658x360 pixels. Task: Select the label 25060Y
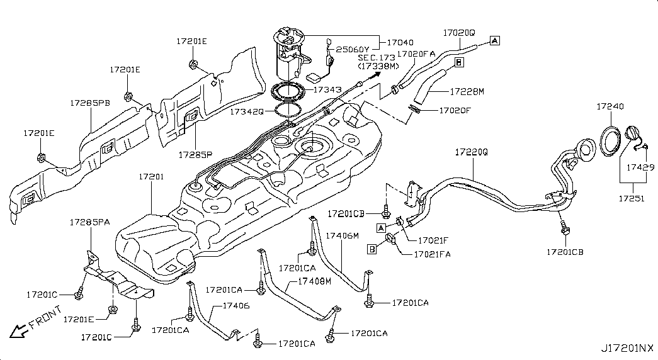tap(353, 49)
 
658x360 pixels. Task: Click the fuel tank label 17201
tap(151, 177)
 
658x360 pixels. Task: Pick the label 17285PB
tap(90, 101)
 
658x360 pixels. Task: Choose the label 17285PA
tap(89, 222)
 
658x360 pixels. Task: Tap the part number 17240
tap(610, 107)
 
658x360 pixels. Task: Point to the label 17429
tap(641, 168)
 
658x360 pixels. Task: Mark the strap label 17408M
tap(314, 281)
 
